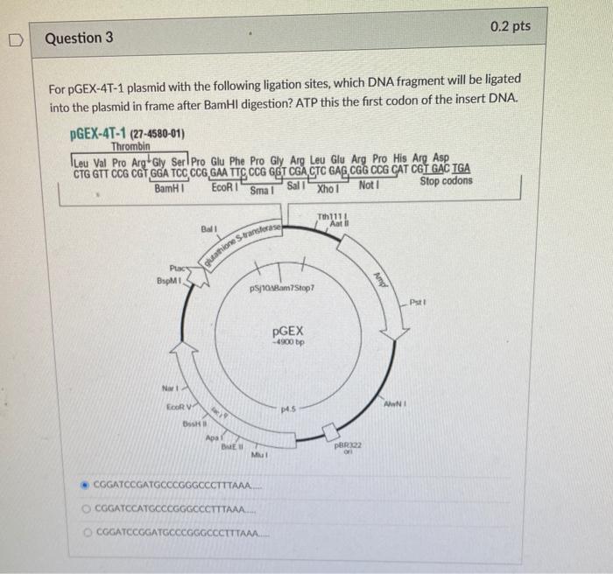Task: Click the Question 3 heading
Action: coord(79,38)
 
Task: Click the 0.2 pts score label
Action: coord(511,26)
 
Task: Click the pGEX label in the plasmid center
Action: coord(288,332)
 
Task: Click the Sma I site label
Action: coord(263,191)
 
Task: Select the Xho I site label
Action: coord(328,189)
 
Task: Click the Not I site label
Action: coord(369,185)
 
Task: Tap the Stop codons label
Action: coord(446,181)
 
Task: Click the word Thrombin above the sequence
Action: coord(130,147)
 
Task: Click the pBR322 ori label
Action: coord(348,448)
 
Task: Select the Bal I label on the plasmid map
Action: coord(208,229)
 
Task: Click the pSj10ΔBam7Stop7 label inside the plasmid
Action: coord(282,288)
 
